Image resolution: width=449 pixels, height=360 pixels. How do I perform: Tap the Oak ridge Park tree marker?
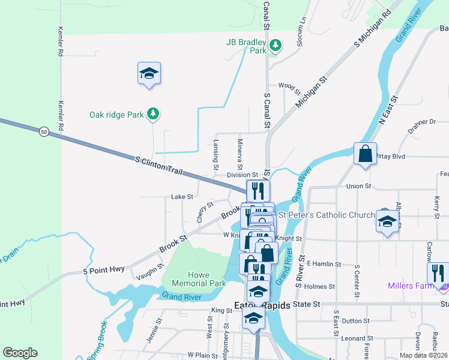[x=153, y=113]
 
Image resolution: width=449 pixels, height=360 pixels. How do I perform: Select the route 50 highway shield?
[x=44, y=131]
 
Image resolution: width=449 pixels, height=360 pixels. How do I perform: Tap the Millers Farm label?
[x=411, y=286]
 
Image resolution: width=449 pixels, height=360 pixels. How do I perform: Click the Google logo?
[x=20, y=353]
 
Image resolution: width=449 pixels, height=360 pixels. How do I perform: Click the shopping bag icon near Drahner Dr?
[x=365, y=155]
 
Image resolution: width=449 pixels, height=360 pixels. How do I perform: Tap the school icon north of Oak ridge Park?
[x=148, y=74]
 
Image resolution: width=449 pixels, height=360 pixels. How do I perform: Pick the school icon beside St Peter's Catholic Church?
[x=387, y=221]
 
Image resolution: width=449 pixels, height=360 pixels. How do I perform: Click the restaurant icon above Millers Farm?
[x=439, y=273]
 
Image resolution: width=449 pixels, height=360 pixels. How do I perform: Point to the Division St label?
[x=243, y=175]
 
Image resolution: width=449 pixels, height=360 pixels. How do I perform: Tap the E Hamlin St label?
[x=324, y=263]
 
